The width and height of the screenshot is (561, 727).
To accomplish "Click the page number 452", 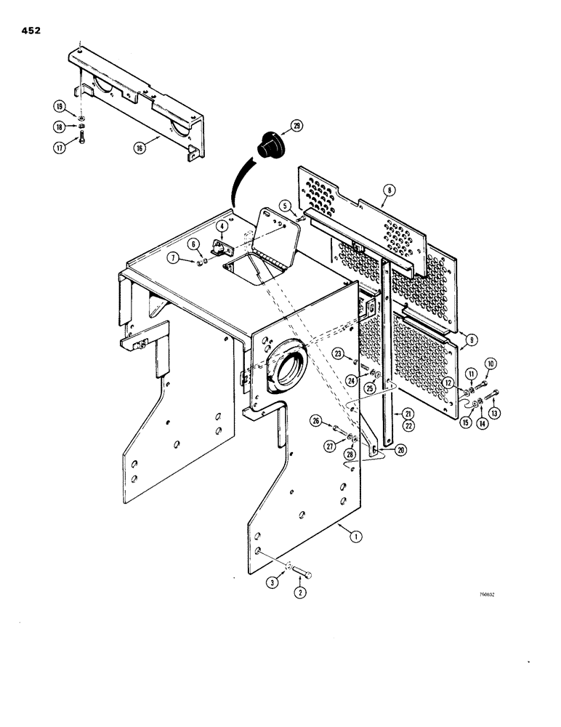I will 31,31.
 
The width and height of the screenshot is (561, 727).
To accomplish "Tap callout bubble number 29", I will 296,126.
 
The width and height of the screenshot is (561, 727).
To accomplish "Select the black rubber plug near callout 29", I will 268,144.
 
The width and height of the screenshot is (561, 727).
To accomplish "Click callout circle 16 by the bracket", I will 139,145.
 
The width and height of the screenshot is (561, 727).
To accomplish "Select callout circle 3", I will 273,582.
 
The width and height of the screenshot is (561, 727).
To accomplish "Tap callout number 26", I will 315,420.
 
